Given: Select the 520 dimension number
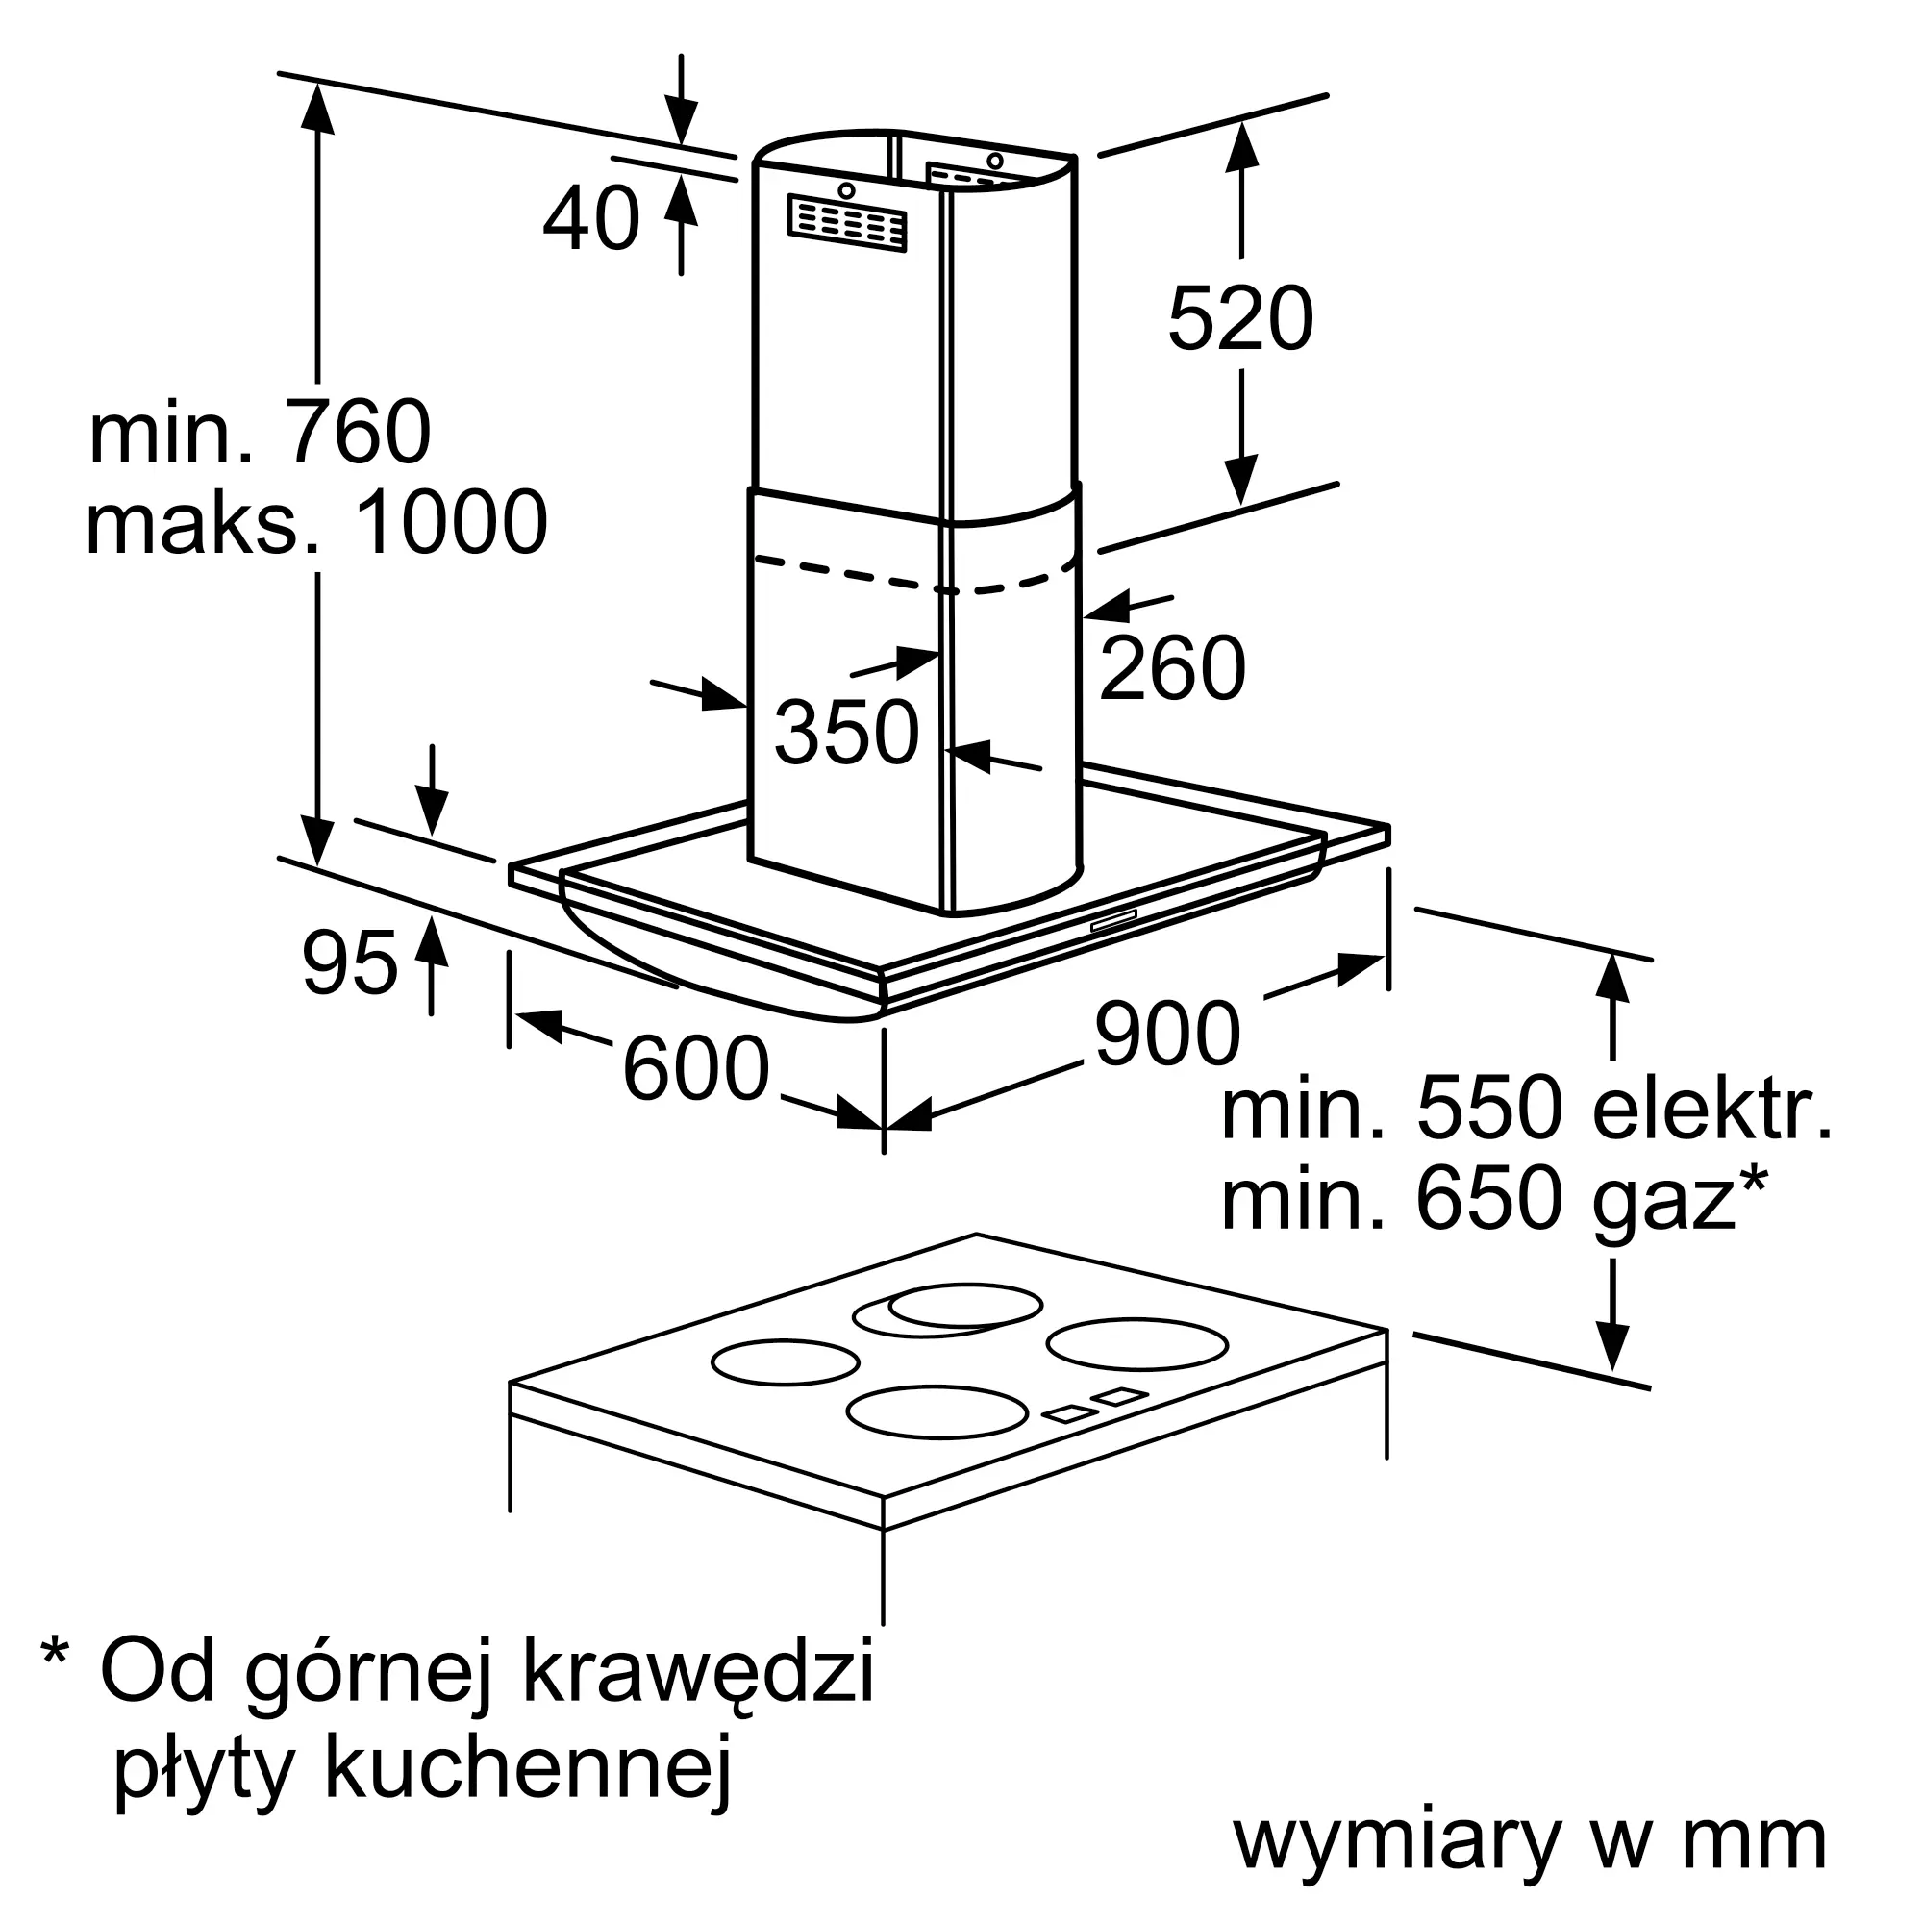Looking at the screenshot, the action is coord(1240,318).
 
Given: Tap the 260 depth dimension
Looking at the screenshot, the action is coord(1172,667).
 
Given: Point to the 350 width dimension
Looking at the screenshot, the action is coord(847,732).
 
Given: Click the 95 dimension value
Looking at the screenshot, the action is coord(349,962).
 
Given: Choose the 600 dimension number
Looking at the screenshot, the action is coord(696,1068).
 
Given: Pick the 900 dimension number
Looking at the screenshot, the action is coord(1167,1035).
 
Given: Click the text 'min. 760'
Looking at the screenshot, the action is coord(260,432).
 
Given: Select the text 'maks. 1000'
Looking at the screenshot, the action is coord(316,522).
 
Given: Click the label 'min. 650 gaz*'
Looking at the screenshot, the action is coord(1493,1201).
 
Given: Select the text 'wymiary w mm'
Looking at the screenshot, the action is coord(1530,1843).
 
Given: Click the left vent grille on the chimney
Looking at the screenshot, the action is coord(847,222).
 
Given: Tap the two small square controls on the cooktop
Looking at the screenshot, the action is coord(1095,1405).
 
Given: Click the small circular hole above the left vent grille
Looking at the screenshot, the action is coord(846,190).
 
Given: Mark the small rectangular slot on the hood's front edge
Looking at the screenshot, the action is coord(1113,921).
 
